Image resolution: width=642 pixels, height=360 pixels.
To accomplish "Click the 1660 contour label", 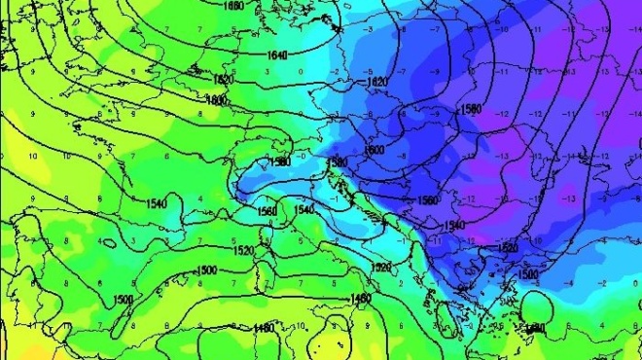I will (x=233, y=6).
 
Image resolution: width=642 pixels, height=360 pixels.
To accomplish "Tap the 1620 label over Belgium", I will (x=223, y=79).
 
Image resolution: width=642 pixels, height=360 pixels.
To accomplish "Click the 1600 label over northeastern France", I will (x=216, y=99).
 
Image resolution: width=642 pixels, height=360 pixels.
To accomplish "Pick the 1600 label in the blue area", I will (x=372, y=150).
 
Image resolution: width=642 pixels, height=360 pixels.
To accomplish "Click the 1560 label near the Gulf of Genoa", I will (x=267, y=210).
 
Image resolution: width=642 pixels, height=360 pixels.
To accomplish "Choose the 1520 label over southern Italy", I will (x=381, y=266).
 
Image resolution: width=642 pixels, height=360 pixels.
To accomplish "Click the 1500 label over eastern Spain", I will (x=124, y=299).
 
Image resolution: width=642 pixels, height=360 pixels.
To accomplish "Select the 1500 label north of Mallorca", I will (x=206, y=270).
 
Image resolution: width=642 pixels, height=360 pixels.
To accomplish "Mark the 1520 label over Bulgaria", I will (x=509, y=248).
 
